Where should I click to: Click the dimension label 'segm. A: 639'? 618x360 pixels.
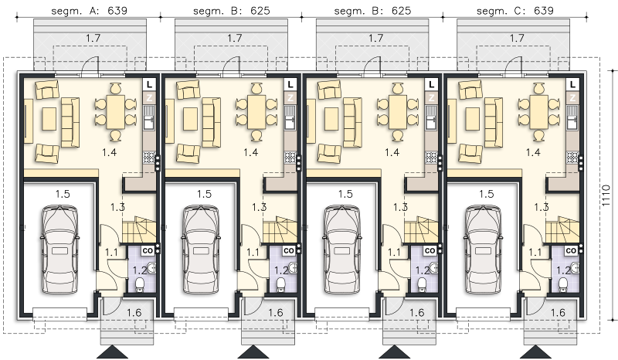tap(90, 11)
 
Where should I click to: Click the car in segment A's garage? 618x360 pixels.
tap(60, 250)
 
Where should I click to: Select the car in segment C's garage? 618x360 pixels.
tap(484, 250)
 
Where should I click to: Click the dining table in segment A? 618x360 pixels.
tap(116, 112)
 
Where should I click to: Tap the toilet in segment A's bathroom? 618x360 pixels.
tap(140, 285)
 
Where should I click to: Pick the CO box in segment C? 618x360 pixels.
tap(571, 251)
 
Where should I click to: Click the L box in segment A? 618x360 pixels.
tap(149, 84)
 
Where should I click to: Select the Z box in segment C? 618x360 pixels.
tap(572, 97)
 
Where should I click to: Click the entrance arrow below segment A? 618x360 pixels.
tap(112, 352)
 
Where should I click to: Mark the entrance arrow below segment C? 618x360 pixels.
tap(536, 352)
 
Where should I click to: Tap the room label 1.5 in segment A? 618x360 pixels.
tap(63, 194)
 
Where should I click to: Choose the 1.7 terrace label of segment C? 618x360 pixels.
tap(517, 38)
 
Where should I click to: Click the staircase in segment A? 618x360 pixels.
tap(139, 229)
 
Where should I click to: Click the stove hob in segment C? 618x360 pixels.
tap(572, 158)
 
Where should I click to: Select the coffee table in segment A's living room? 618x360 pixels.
tap(49, 118)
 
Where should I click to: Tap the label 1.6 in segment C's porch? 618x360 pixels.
tap(557, 313)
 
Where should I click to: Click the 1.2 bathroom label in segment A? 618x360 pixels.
tap(140, 270)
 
